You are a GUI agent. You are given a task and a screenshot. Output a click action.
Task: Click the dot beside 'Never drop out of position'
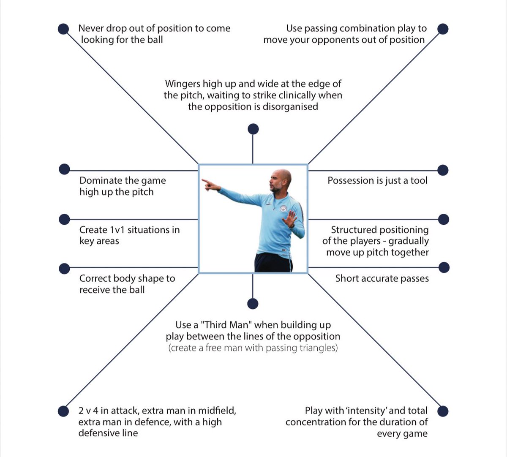63,29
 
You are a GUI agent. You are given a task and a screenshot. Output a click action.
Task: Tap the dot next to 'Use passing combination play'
442,29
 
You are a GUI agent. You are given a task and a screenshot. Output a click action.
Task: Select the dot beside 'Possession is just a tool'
442,170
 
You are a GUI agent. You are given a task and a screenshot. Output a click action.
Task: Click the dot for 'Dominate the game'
64,169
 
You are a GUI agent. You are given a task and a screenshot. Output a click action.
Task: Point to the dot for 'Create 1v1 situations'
64,219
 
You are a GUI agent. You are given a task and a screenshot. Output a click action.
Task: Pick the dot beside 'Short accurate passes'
444,267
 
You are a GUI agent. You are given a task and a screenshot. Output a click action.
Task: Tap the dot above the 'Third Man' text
253,303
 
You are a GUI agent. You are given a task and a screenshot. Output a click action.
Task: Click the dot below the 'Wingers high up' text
253,129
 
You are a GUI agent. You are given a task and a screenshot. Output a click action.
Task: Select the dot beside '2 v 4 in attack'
63,411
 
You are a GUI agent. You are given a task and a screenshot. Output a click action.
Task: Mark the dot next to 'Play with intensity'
442,411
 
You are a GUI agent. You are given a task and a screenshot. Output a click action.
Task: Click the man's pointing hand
210,184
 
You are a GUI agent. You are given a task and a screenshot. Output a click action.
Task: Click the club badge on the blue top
284,209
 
